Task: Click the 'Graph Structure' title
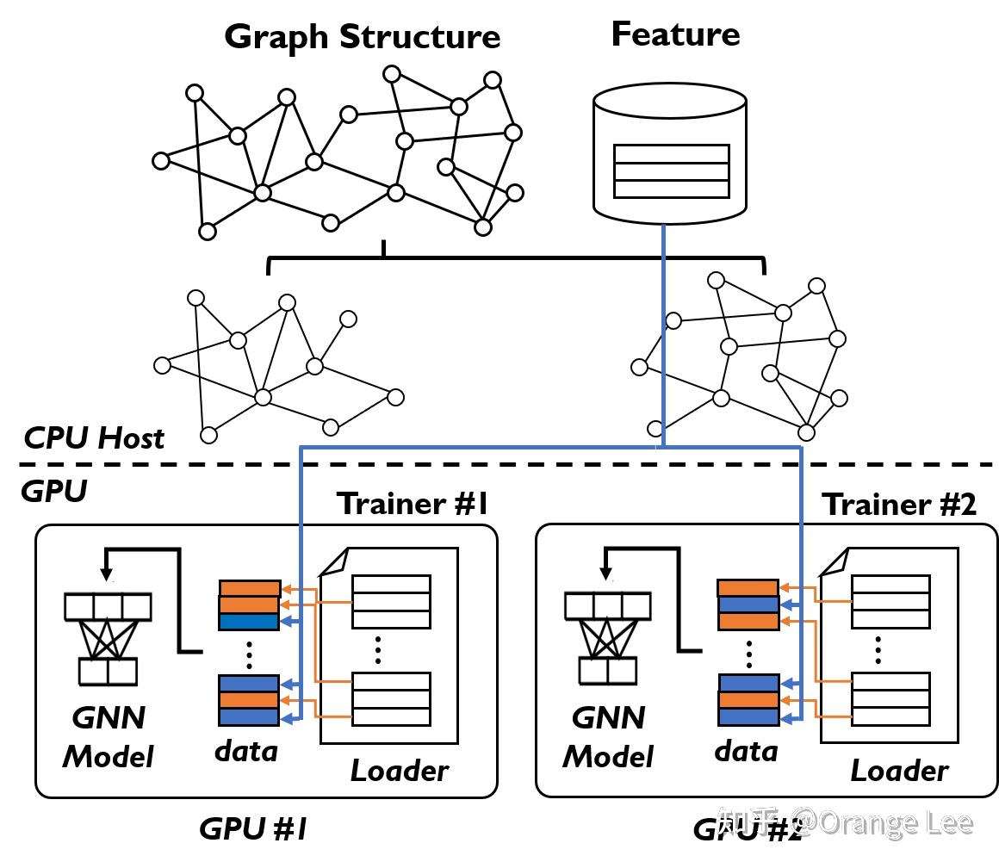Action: pyautogui.click(x=362, y=37)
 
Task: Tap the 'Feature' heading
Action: pyautogui.click(x=675, y=34)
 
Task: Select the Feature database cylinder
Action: pyautogui.click(x=669, y=155)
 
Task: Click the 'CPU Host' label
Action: pyautogui.click(x=94, y=438)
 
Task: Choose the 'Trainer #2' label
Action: pyautogui.click(x=898, y=505)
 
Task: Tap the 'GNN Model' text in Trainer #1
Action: pyautogui.click(x=109, y=737)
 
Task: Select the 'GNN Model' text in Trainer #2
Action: pyautogui.click(x=608, y=737)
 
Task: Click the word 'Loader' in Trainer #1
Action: pyautogui.click(x=399, y=771)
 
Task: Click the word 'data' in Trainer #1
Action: pyautogui.click(x=246, y=751)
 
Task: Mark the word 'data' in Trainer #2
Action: pyautogui.click(x=746, y=751)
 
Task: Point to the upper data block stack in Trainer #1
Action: pyautogui.click(x=250, y=605)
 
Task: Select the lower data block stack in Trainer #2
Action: pyautogui.click(x=748, y=700)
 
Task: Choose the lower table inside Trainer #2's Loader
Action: pyautogui.click(x=890, y=698)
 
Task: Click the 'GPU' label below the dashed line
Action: pyautogui.click(x=53, y=492)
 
